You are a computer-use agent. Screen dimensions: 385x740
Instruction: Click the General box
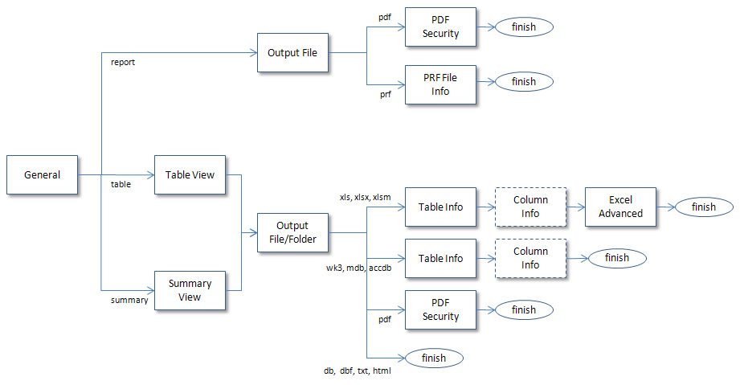(x=42, y=174)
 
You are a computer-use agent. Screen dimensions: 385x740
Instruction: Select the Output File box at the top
(x=292, y=53)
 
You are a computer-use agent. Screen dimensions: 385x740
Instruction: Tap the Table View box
(x=190, y=174)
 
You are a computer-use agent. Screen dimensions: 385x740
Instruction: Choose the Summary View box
(x=190, y=290)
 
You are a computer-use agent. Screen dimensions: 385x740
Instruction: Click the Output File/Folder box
(x=292, y=232)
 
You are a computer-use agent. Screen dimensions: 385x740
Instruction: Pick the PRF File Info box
(x=440, y=84)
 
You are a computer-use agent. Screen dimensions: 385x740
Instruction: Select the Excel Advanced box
(x=620, y=207)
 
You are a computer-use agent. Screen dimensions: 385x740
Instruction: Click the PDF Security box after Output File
(x=440, y=27)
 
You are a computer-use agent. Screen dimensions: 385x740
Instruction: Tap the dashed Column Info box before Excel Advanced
(x=530, y=207)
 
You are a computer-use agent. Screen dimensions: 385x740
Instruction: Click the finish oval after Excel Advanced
(x=704, y=207)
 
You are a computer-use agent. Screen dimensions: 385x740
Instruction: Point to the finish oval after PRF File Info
(x=524, y=81)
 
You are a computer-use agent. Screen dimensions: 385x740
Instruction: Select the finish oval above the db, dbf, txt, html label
(x=434, y=358)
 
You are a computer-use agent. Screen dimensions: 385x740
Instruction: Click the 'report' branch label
(x=123, y=62)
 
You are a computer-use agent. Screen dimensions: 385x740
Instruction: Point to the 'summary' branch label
(x=129, y=300)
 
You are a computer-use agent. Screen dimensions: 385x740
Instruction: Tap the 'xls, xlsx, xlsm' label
(x=366, y=197)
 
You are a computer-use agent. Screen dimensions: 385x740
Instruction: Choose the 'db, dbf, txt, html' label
(x=357, y=371)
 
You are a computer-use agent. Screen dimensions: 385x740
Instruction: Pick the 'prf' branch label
(x=386, y=94)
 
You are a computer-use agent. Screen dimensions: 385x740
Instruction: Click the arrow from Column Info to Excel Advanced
(x=575, y=207)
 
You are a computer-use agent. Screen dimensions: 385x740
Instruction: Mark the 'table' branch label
(x=121, y=184)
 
